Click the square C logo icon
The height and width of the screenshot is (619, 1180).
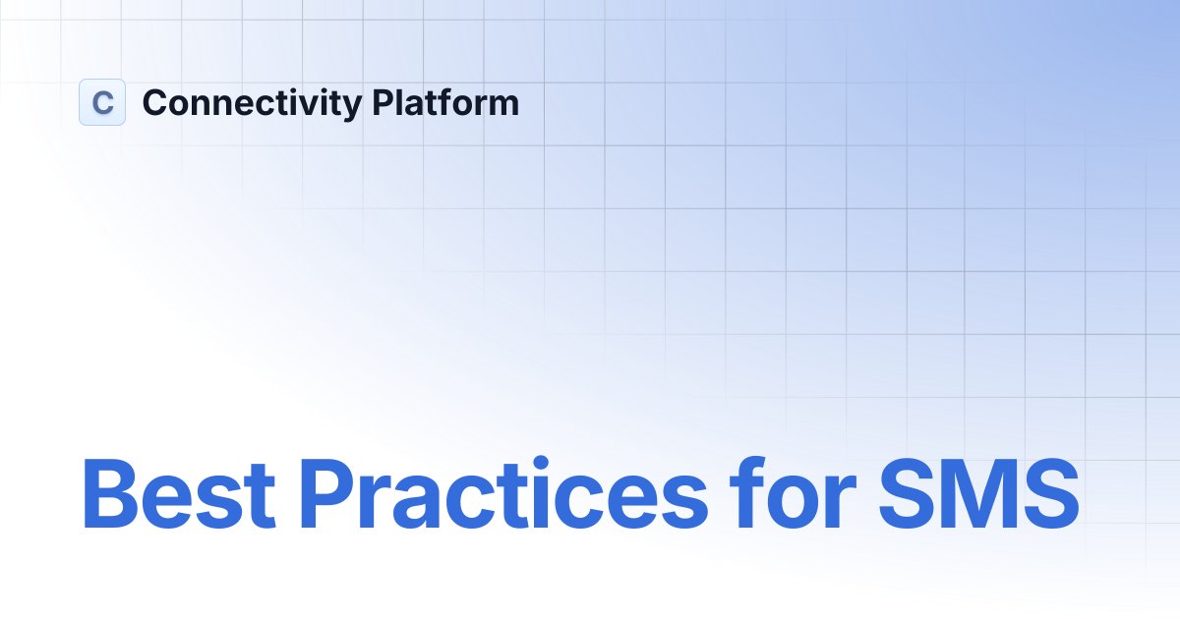coord(102,102)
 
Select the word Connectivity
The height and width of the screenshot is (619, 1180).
coord(252,103)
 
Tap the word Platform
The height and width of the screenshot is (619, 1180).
coord(445,102)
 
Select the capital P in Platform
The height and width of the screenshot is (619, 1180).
coord(383,102)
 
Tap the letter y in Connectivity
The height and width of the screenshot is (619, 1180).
coord(353,106)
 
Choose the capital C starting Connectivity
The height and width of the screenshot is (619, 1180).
coord(155,102)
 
